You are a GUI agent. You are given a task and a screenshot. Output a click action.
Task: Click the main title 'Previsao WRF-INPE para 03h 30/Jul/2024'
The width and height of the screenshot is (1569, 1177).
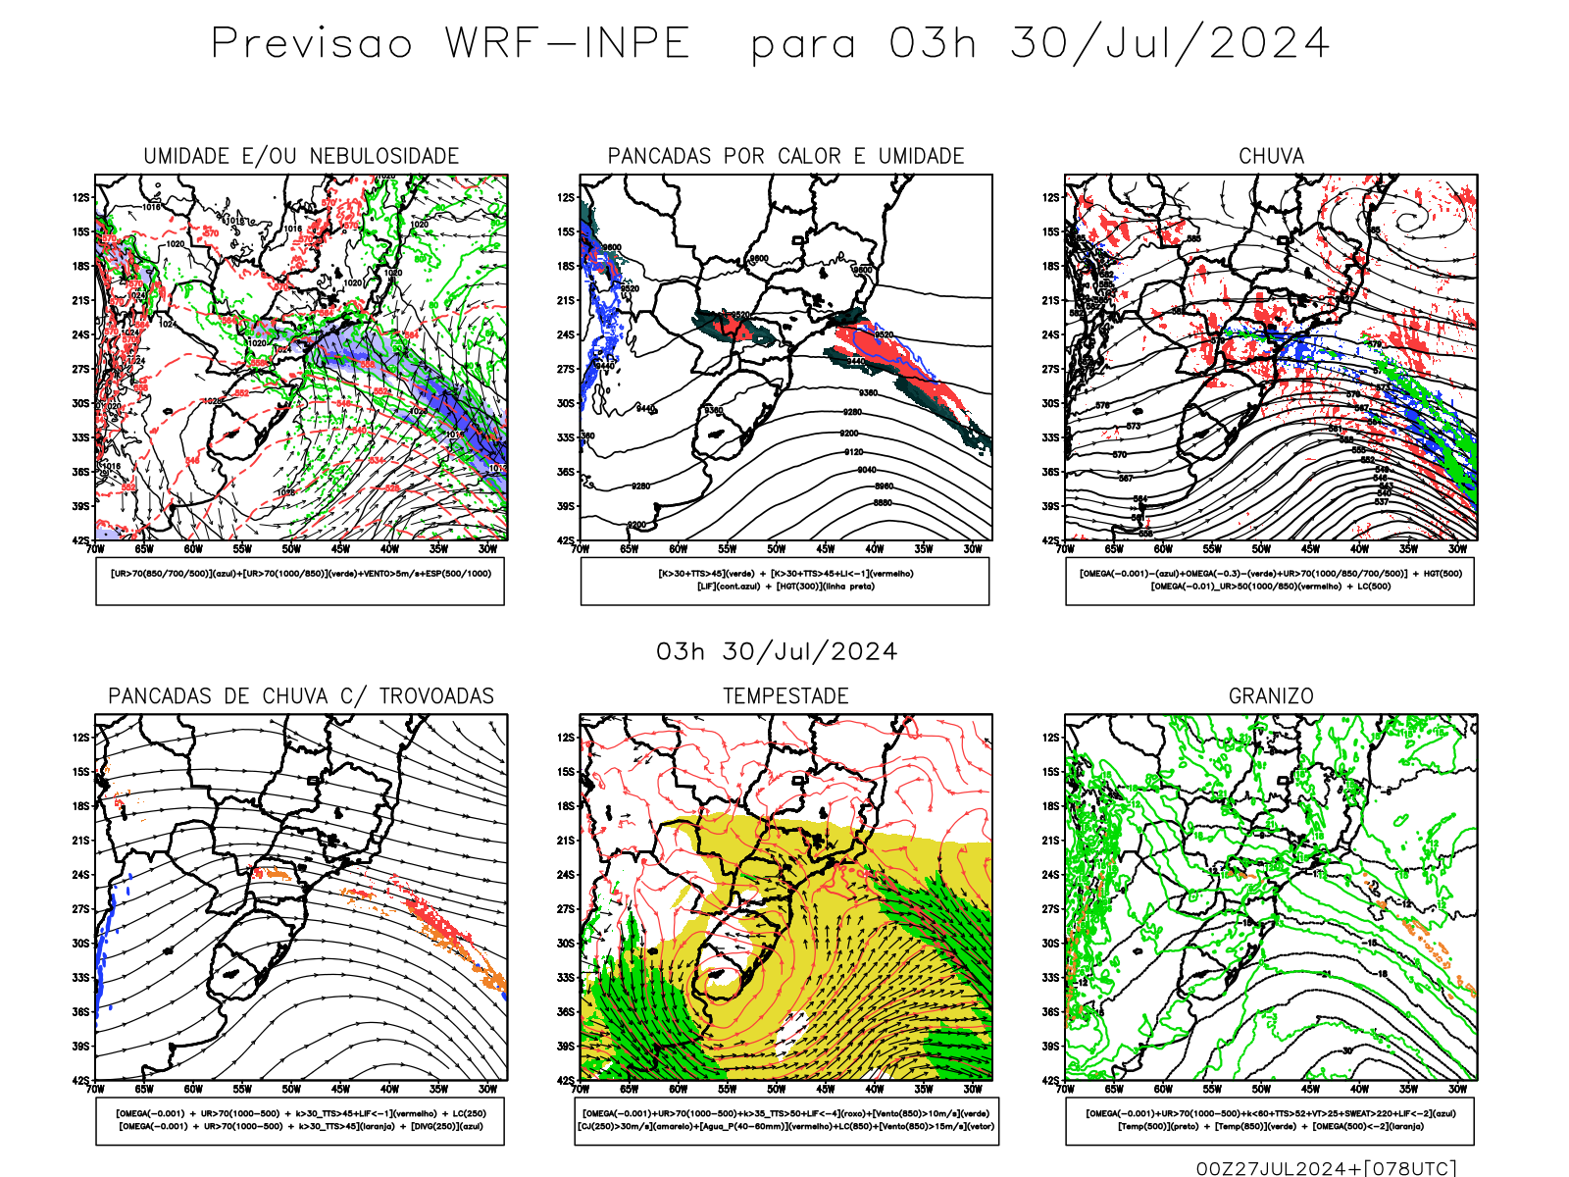(x=770, y=44)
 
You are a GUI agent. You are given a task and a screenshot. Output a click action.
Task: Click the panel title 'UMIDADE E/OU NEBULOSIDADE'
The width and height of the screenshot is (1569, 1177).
(x=301, y=156)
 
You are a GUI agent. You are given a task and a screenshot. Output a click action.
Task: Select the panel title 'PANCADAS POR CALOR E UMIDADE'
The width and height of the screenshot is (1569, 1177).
(x=785, y=156)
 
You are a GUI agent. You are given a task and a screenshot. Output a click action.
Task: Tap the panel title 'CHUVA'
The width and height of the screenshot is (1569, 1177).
(x=1271, y=156)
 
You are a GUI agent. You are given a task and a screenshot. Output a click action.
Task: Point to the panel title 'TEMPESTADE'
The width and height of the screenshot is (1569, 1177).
(x=785, y=696)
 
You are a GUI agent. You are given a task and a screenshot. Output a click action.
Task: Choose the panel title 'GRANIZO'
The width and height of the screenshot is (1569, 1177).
(x=1271, y=696)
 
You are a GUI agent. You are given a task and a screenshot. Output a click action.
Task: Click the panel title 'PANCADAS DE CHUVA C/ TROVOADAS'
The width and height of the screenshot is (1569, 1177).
(x=301, y=696)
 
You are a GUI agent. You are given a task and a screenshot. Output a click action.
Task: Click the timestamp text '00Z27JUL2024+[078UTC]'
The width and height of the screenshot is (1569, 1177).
(x=1326, y=1167)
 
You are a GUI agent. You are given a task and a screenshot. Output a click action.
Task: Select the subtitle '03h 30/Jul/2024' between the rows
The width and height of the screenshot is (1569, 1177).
(x=777, y=652)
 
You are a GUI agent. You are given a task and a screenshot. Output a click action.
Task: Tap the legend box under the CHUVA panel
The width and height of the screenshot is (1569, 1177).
(x=1270, y=581)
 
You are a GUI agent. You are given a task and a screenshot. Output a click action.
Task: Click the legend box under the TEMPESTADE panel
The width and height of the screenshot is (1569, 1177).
(x=785, y=1120)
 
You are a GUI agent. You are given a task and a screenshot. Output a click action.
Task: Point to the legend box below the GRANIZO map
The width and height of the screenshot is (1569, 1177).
(x=1270, y=1120)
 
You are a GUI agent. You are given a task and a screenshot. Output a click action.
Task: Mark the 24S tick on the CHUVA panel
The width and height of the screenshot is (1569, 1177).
(x=1051, y=335)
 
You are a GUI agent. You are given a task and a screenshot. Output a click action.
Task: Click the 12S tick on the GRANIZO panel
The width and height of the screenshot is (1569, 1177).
(x=1051, y=738)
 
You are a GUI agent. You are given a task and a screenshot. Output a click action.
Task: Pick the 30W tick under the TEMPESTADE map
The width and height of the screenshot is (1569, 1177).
(x=973, y=1089)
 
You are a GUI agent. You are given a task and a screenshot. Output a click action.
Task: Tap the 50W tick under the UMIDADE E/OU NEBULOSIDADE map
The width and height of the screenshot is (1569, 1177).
(x=291, y=549)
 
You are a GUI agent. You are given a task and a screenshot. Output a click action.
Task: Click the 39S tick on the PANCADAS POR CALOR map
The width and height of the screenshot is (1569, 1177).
(x=566, y=507)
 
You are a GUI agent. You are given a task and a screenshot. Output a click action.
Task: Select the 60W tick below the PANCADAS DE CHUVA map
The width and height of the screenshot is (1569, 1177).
(x=193, y=1089)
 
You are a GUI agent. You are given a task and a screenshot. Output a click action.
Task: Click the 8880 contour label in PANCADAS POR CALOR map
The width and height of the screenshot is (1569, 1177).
(x=883, y=502)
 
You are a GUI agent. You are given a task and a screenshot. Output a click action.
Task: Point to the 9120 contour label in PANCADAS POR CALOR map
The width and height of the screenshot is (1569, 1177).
(x=854, y=452)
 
